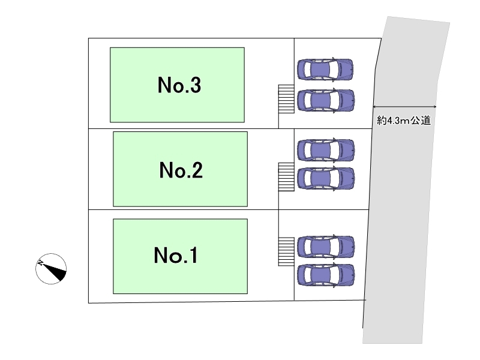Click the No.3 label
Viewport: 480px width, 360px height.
click(x=179, y=86)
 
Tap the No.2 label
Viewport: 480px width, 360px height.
click(x=181, y=172)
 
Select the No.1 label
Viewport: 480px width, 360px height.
click(x=176, y=256)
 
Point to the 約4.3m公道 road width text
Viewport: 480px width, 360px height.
click(x=404, y=121)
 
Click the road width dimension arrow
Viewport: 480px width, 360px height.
click(x=404, y=106)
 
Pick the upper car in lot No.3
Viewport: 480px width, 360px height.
click(x=325, y=70)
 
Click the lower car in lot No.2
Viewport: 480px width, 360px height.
click(x=326, y=178)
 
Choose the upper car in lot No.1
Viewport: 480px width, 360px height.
click(x=326, y=246)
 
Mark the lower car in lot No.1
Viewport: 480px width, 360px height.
click(x=326, y=275)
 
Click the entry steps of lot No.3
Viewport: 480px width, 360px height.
click(x=286, y=98)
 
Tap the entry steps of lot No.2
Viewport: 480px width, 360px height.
click(x=286, y=176)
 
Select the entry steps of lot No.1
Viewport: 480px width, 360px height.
click(x=286, y=252)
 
